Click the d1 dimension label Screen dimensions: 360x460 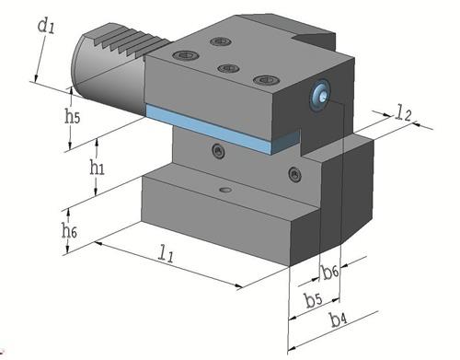(45, 25)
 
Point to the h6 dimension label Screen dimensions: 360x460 (69, 230)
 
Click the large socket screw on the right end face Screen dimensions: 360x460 (320, 93)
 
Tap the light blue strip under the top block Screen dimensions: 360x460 (212, 126)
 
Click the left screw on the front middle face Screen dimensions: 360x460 (218, 150)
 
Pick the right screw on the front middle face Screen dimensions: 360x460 (293, 174)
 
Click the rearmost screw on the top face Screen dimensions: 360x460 (219, 41)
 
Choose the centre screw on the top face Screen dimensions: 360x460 (224, 68)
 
